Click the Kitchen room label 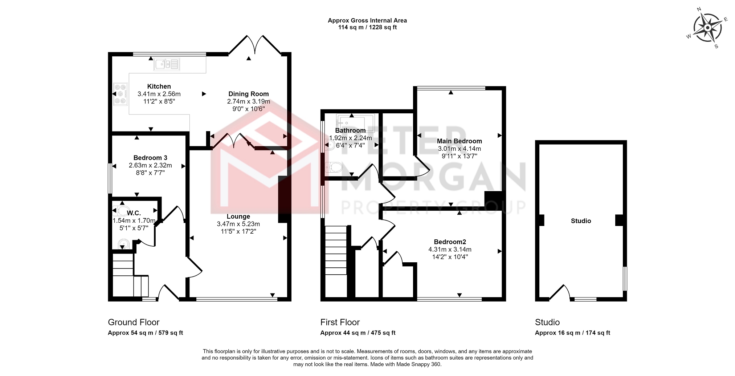point(159,86)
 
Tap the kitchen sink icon point(167,64)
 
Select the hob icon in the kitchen point(120,94)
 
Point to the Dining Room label point(249,94)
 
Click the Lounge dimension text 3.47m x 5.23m point(238,224)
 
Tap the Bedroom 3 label point(150,158)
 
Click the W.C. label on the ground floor point(134,213)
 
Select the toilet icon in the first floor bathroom point(334,167)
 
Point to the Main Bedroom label point(460,141)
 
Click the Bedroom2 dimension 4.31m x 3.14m point(450,250)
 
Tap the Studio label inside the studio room point(581,221)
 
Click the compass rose point(707,28)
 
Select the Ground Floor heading point(134,322)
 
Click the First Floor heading point(340,322)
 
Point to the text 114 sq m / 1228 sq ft point(367,27)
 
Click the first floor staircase point(336,261)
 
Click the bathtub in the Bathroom point(355,123)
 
